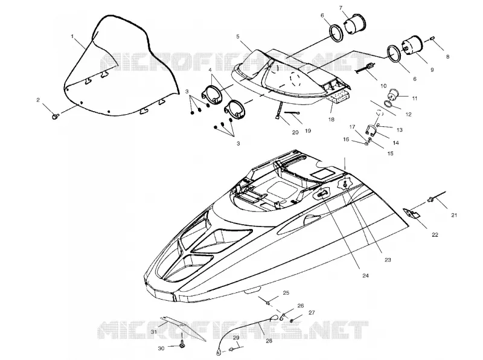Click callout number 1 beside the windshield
coord(72,36)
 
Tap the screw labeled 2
coord(56,116)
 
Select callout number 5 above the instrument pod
coord(238,36)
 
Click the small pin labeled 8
coord(432,38)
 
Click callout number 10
coord(383,86)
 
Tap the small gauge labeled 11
coord(394,94)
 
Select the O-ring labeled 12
coord(389,104)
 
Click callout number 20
coord(295,132)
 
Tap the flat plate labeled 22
coord(411,214)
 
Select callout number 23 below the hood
coord(388,260)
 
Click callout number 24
coord(365,275)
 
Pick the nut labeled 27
coord(292,321)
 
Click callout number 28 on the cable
coord(269,341)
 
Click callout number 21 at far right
coord(454,216)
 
